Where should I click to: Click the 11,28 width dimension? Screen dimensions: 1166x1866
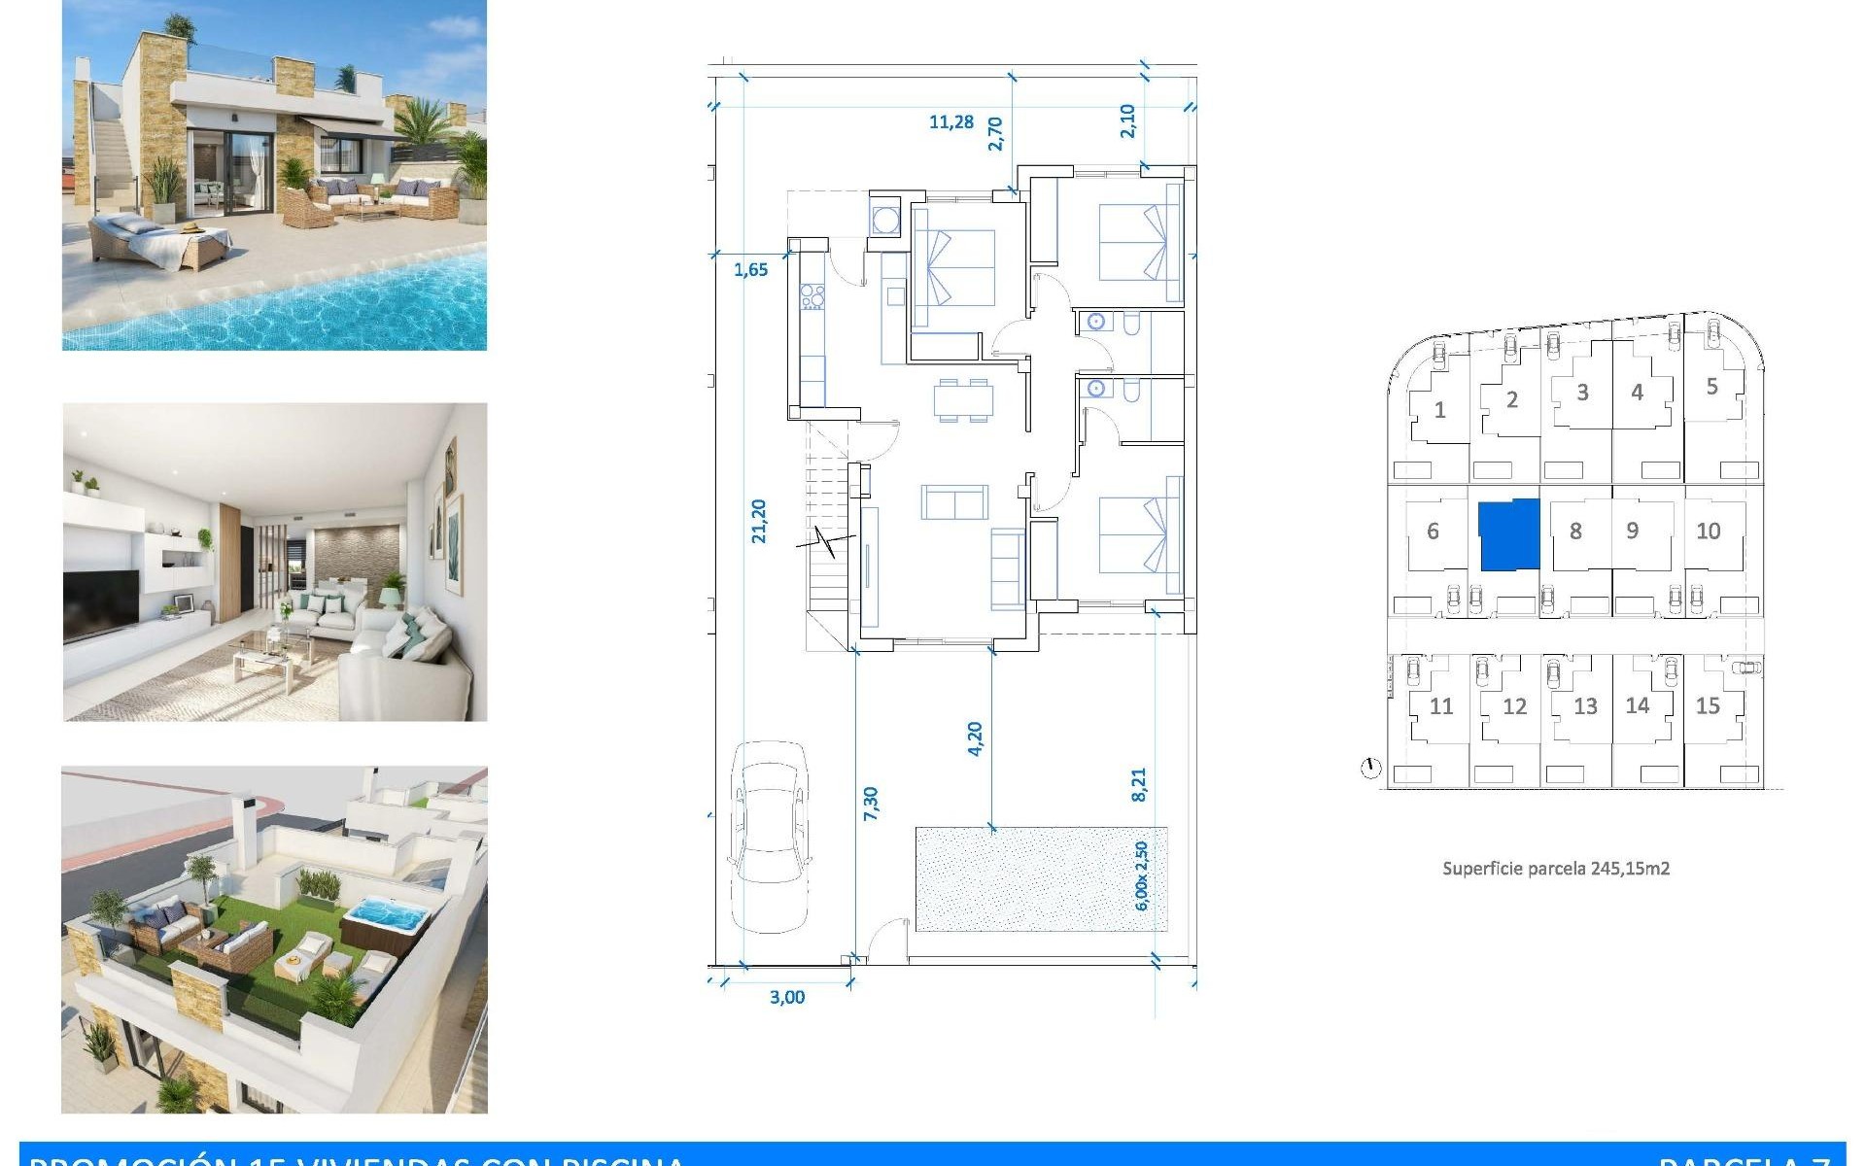950,122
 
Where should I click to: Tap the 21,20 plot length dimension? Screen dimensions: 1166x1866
759,521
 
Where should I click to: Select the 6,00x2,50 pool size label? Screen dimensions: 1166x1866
1141,875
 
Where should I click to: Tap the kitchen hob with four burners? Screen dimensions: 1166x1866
812,296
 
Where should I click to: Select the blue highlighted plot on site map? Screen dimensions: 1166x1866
1509,535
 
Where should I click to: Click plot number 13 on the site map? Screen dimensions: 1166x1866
1585,707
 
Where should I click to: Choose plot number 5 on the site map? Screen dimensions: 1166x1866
1711,387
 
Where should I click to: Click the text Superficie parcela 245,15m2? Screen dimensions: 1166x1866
1556,869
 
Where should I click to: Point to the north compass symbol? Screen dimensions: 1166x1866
1370,770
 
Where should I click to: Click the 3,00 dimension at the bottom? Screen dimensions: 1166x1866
786,997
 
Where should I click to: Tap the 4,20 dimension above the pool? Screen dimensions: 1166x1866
975,738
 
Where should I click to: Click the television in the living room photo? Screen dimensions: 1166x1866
101,604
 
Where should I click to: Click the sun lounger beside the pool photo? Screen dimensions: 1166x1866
160,243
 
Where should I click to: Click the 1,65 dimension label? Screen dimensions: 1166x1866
750,270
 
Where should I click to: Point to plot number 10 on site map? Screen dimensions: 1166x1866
1708,532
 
